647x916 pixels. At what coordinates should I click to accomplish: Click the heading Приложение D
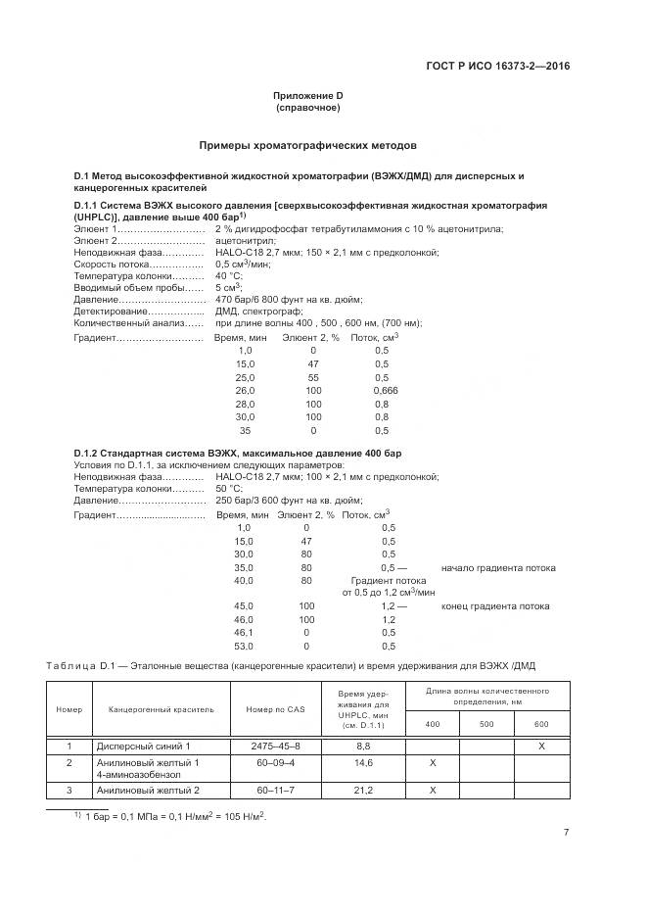coord(307,95)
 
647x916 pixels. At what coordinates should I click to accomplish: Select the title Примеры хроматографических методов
coord(307,144)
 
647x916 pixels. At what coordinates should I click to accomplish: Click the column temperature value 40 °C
coord(228,275)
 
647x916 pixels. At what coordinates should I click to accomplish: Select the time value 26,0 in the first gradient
coord(244,390)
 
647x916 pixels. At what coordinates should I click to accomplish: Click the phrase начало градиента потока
coord(498,567)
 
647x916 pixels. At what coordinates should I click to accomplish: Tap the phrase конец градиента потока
coord(494,606)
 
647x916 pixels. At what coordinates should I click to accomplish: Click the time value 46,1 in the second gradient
coord(244,633)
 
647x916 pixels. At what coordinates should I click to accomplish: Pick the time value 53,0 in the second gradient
coord(244,646)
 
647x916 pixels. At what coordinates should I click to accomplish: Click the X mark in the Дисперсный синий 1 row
coord(541,747)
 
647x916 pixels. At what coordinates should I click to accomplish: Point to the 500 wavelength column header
coord(486,724)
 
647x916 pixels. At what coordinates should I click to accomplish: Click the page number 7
coord(567,833)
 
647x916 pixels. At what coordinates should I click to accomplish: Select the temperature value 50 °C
coord(228,488)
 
